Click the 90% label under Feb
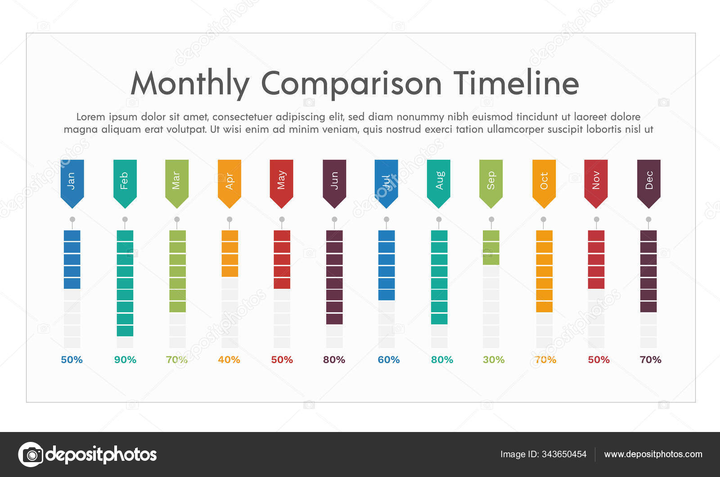(125, 360)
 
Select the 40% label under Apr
(229, 360)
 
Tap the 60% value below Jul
(388, 360)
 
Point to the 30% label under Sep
(494, 360)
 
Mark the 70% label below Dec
(650, 360)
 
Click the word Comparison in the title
(351, 84)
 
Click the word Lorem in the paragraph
(90, 117)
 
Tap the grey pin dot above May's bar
(282, 220)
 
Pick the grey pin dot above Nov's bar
(596, 220)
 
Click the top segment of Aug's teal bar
(439, 235)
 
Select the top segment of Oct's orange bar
(544, 235)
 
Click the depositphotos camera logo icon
(31, 454)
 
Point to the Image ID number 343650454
(564, 454)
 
